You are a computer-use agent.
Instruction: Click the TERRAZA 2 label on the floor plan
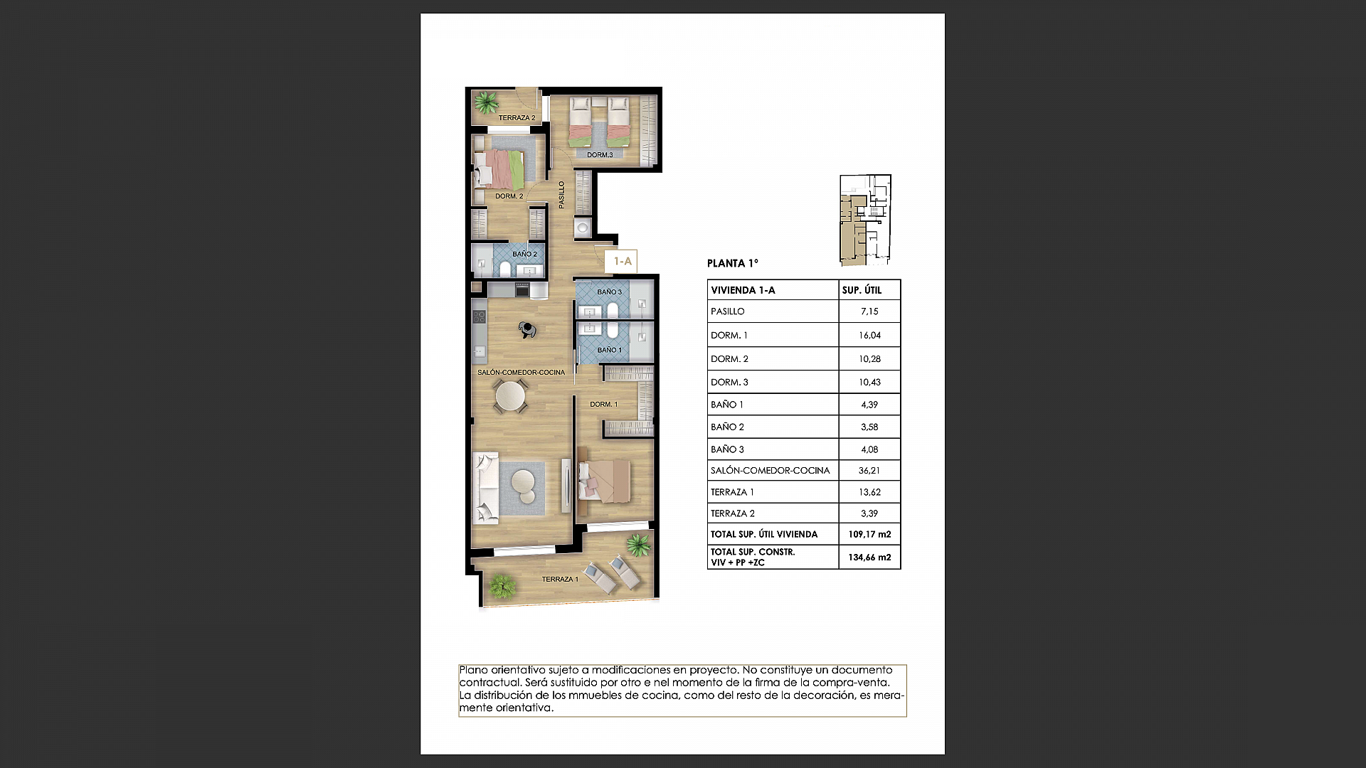tap(517, 118)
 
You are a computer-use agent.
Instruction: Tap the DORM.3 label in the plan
tap(599, 155)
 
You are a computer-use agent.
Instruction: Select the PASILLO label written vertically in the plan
tap(561, 195)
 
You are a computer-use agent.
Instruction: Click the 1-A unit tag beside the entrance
tap(623, 262)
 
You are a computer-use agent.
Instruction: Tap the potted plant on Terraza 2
tap(487, 103)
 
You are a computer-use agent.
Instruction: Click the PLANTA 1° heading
tap(732, 263)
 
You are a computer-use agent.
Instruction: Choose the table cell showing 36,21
tap(869, 471)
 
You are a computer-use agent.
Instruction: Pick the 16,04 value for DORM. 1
tap(869, 335)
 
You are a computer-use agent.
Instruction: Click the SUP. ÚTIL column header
tap(862, 290)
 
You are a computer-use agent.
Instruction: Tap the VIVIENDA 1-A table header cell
tap(743, 290)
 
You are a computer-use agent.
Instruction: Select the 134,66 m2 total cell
tap(869, 558)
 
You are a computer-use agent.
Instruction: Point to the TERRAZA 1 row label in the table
tap(732, 492)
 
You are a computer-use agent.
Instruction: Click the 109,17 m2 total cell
tap(869, 534)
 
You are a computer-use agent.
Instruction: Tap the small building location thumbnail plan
tap(865, 220)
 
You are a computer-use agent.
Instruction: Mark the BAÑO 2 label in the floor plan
tap(524, 254)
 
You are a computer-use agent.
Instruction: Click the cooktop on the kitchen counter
tap(479, 316)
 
